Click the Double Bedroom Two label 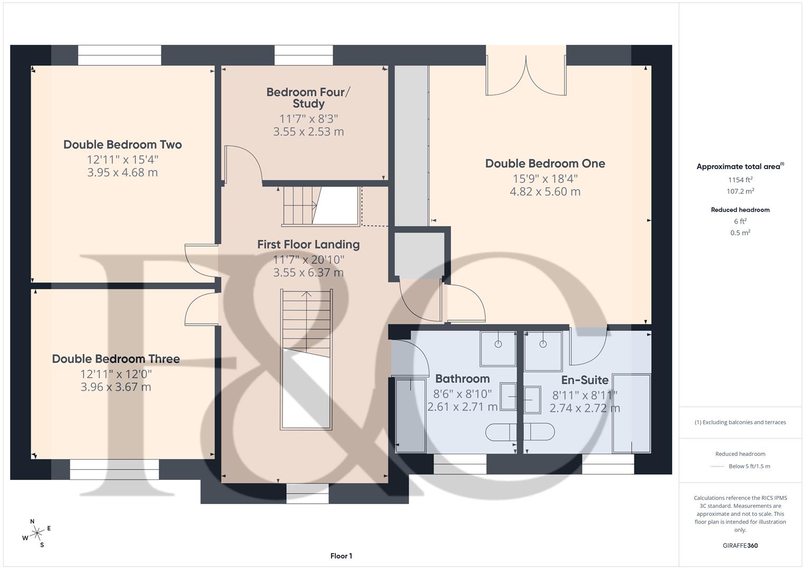(x=122, y=144)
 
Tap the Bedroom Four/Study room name (x=308, y=98)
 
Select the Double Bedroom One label (x=545, y=163)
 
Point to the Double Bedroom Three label (x=116, y=359)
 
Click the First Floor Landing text (x=308, y=244)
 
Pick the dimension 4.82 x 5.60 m (x=545, y=192)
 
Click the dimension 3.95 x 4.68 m (x=122, y=172)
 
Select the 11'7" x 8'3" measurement (x=308, y=119)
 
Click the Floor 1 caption (x=341, y=556)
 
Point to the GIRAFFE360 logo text (x=740, y=545)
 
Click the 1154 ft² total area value (x=740, y=180)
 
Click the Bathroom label (x=462, y=379)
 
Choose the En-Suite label (x=585, y=380)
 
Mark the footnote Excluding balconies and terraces (x=740, y=422)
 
